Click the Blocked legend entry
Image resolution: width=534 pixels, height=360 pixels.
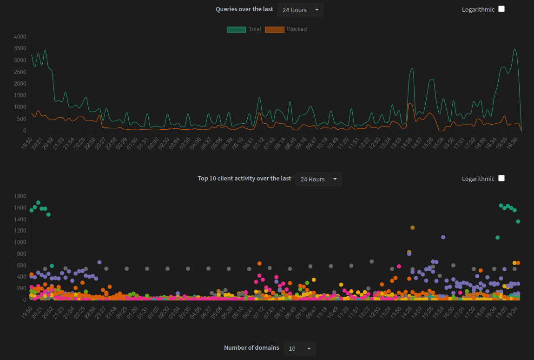click(286, 29)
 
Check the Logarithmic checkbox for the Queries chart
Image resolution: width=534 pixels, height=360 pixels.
click(501, 9)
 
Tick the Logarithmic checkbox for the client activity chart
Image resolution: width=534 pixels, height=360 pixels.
click(501, 178)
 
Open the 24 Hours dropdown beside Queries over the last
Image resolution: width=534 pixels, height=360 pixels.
click(300, 10)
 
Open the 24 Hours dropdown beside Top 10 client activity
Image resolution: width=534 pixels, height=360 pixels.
click(318, 179)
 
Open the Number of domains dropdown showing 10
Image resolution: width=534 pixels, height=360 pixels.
click(299, 348)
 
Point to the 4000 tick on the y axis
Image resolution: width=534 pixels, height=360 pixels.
click(20, 37)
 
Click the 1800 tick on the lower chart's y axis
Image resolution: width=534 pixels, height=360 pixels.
click(20, 196)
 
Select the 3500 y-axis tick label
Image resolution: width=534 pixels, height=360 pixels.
click(20, 48)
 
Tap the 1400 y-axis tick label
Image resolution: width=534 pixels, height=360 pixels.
click(20, 220)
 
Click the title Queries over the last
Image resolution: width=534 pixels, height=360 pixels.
click(244, 9)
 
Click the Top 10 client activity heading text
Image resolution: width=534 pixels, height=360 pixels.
click(244, 179)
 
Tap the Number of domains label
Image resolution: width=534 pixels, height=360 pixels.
click(251, 348)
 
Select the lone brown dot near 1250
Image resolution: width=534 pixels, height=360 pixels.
click(412, 227)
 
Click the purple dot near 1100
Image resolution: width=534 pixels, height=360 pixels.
click(443, 237)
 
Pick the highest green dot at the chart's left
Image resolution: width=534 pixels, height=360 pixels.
click(38, 203)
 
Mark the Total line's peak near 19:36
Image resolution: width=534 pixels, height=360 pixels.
click(514, 49)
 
